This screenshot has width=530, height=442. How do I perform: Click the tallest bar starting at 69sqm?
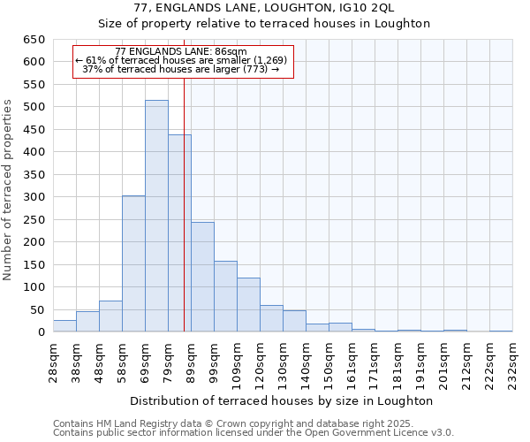pyautogui.click(x=156, y=217)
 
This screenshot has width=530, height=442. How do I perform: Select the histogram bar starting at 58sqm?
pyautogui.click(x=133, y=264)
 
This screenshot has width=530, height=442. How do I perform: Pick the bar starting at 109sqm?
pyautogui.click(x=248, y=305)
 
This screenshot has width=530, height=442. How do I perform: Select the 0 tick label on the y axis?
pyautogui.click(x=41, y=332)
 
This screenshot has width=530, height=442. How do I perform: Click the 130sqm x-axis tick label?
pyautogui.click(x=283, y=360)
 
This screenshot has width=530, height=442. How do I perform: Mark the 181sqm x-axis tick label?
pyautogui.click(x=397, y=360)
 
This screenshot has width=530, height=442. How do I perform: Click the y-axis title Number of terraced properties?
pyautogui.click(x=8, y=190)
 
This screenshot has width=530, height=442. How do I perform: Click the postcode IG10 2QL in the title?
pyautogui.click(x=369, y=8)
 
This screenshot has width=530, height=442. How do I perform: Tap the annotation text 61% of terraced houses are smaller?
pyautogui.click(x=181, y=60)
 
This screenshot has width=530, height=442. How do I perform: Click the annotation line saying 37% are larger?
pyautogui.click(x=181, y=69)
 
